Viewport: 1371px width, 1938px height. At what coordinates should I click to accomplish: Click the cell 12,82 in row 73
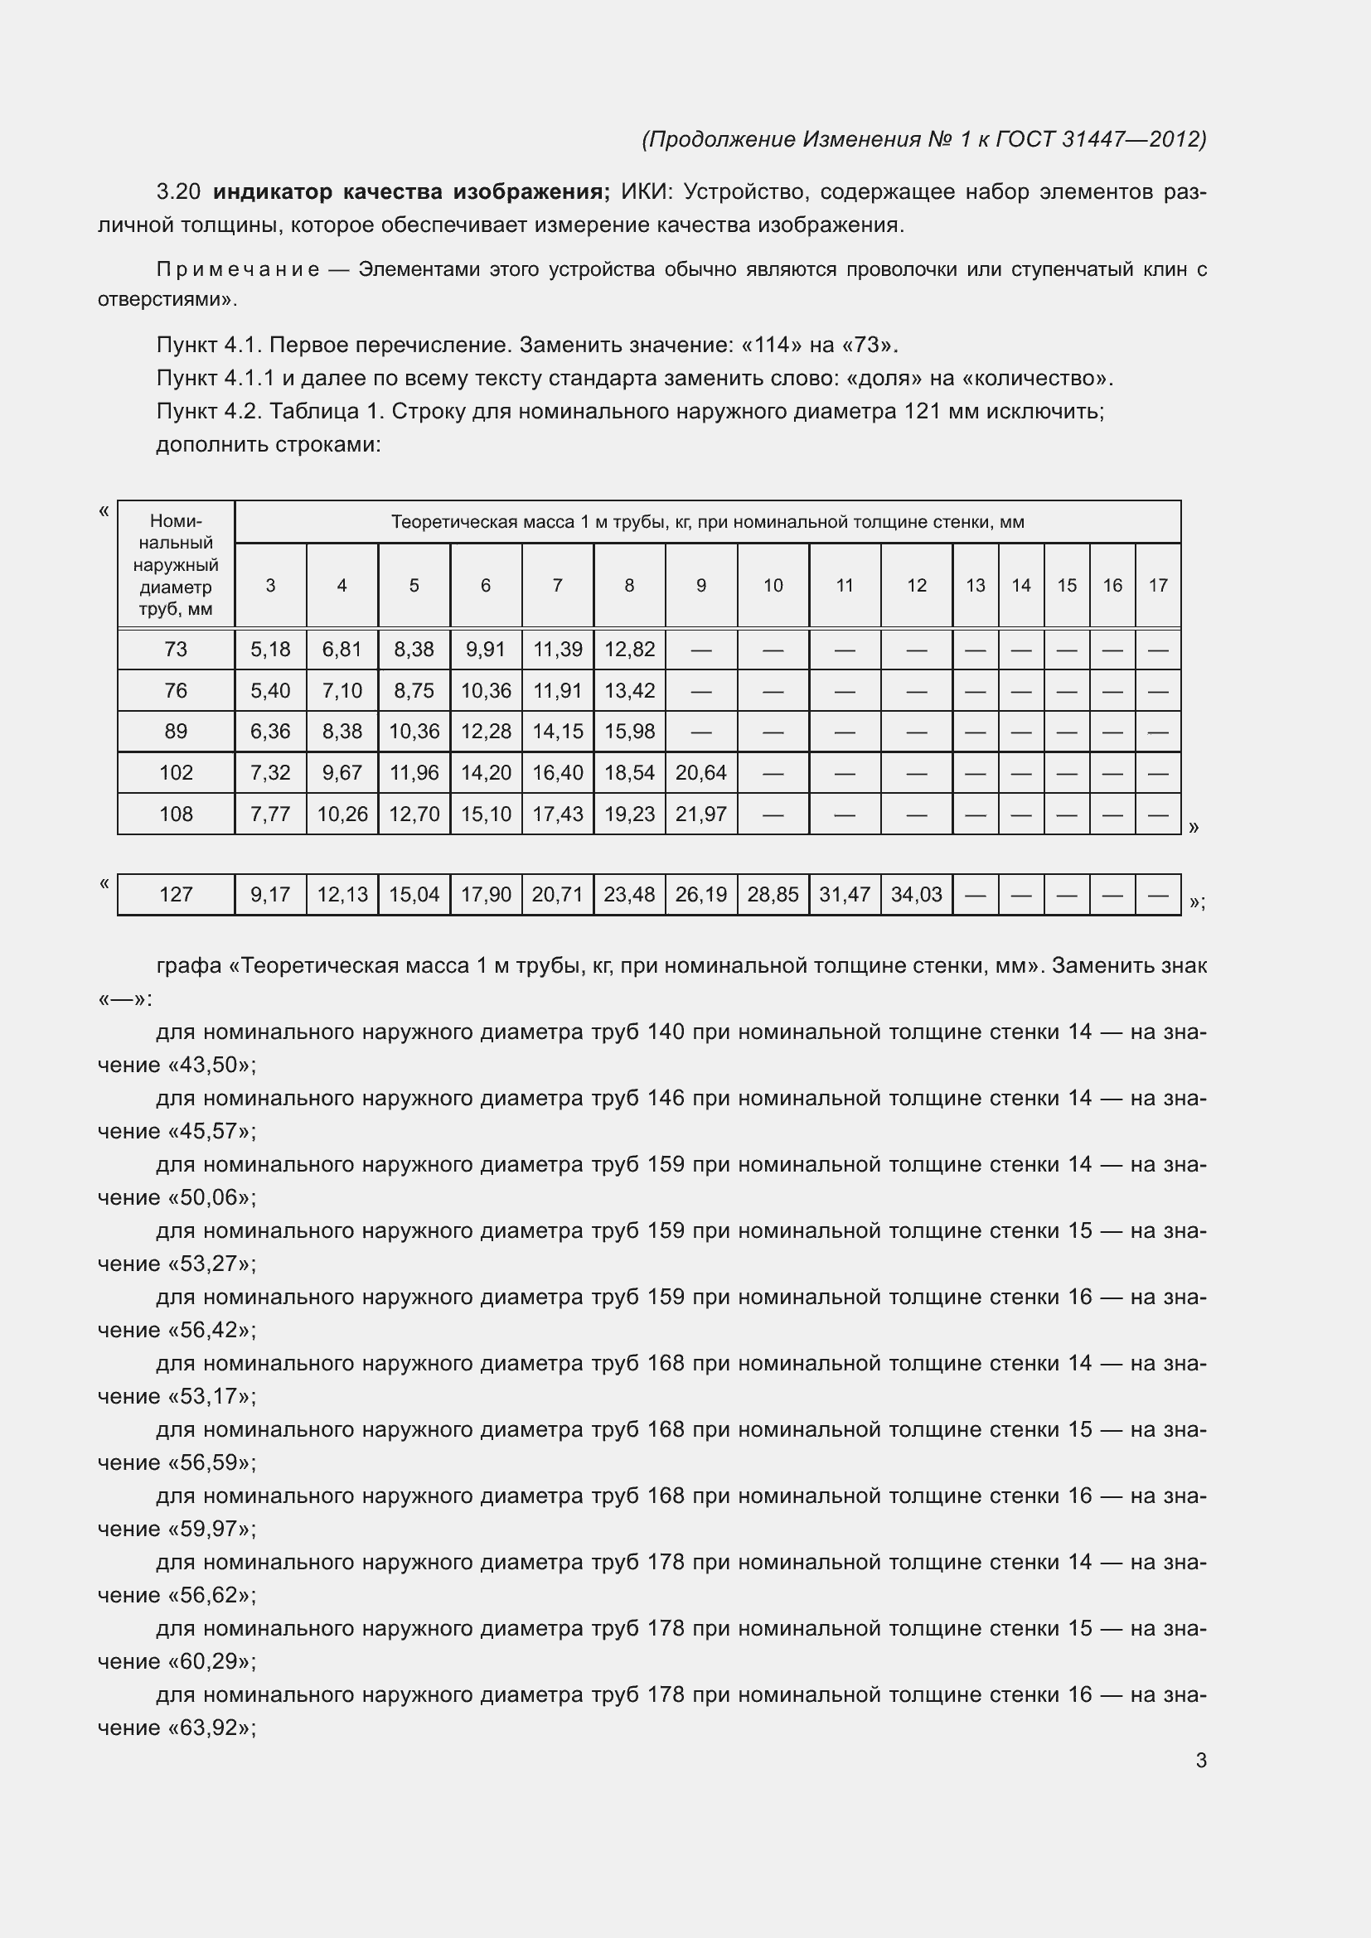pyautogui.click(x=629, y=649)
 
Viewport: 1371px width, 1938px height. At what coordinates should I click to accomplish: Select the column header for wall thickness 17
pyautogui.click(x=1157, y=585)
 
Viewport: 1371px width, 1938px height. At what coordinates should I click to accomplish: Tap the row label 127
pyautogui.click(x=176, y=894)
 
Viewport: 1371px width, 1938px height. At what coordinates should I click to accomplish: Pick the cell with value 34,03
pyautogui.click(x=916, y=894)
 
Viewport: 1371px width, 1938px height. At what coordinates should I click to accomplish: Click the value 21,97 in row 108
pyautogui.click(x=700, y=814)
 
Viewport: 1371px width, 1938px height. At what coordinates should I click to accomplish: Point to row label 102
pyautogui.click(x=176, y=772)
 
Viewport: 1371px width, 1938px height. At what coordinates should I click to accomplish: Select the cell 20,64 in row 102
pyautogui.click(x=700, y=772)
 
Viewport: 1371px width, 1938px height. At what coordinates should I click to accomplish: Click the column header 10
pyautogui.click(x=773, y=585)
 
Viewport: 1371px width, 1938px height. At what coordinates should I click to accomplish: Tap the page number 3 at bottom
pyautogui.click(x=1200, y=1761)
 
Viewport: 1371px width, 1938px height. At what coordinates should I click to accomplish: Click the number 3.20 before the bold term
pyautogui.click(x=179, y=192)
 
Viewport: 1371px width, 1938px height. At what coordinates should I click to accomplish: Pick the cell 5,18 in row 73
pyautogui.click(x=270, y=649)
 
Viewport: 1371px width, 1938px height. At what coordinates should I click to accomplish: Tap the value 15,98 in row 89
pyautogui.click(x=629, y=731)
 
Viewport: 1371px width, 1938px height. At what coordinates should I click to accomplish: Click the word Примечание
pyautogui.click(x=238, y=270)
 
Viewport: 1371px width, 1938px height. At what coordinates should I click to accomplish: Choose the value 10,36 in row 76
pyautogui.click(x=486, y=690)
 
